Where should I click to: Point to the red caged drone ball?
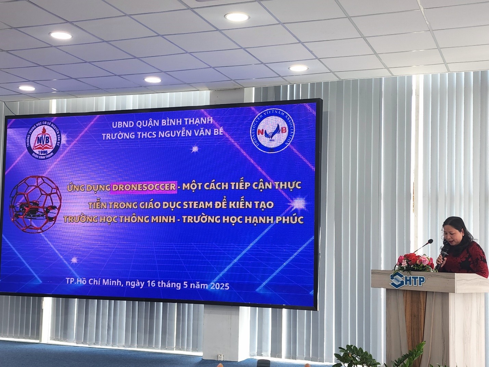(x=36, y=204)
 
